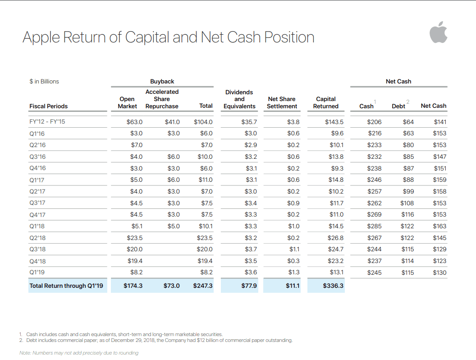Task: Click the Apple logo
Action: pyautogui.click(x=438, y=32)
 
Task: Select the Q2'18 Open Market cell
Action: pyautogui.click(x=134, y=238)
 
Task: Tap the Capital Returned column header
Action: pyautogui.click(x=326, y=103)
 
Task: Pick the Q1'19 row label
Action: pyautogui.click(x=37, y=272)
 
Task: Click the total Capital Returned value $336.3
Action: pyautogui.click(x=333, y=286)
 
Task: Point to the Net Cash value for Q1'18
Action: pyautogui.click(x=439, y=226)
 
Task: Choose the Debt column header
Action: pyautogui.click(x=398, y=106)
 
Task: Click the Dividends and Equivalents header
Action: pyautogui.click(x=239, y=99)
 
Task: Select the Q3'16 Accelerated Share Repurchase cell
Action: pyautogui.click(x=174, y=157)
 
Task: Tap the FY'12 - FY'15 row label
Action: pyautogui.click(x=47, y=121)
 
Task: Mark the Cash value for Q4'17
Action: pyautogui.click(x=374, y=214)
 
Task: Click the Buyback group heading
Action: pyautogui.click(x=162, y=81)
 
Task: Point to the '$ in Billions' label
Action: pyautogui.click(x=44, y=81)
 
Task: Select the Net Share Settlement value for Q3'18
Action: pyautogui.click(x=294, y=249)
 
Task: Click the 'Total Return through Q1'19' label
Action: pyautogui.click(x=66, y=286)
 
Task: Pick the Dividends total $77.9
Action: pyautogui.click(x=249, y=286)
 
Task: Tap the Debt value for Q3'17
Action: pyautogui.click(x=407, y=203)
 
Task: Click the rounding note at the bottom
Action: pyautogui.click(x=79, y=353)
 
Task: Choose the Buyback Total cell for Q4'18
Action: pyautogui.click(x=205, y=261)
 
